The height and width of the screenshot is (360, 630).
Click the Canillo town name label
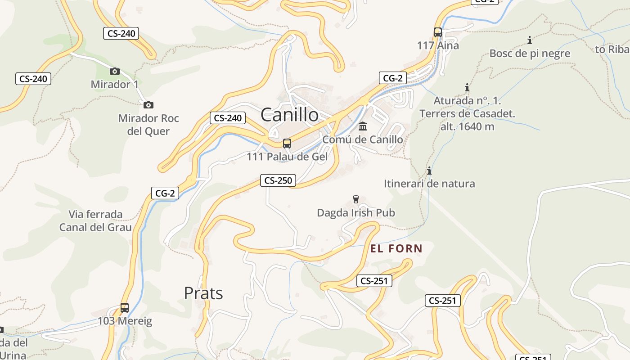(289, 115)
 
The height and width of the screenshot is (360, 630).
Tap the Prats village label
(203, 293)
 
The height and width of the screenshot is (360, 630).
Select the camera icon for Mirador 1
(115, 71)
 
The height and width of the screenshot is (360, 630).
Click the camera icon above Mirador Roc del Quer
(148, 105)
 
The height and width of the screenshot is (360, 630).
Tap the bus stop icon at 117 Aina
(438, 32)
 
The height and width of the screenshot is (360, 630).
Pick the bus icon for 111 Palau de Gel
(287, 144)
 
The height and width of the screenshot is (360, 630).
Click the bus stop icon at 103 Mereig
(125, 308)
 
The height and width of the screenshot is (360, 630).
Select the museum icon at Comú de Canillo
(363, 126)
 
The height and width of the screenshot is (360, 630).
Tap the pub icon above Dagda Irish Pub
(356, 199)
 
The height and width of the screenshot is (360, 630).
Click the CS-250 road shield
(279, 180)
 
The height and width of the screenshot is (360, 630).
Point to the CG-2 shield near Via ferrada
(165, 193)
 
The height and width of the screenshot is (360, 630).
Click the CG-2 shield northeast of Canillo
(392, 78)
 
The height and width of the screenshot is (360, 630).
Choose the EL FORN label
(396, 248)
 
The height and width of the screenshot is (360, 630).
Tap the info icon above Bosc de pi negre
(530, 40)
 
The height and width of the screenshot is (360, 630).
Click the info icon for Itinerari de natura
(429, 171)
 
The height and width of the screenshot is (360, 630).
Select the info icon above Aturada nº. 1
(467, 87)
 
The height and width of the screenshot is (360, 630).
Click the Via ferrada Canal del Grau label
(95, 220)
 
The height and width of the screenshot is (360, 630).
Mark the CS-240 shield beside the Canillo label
(228, 118)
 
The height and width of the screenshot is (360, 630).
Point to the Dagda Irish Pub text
(356, 212)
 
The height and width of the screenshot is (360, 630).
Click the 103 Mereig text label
(125, 321)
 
